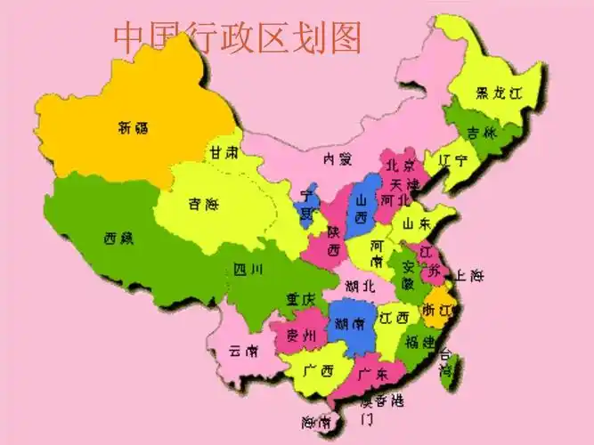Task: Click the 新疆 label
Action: [x=134, y=128]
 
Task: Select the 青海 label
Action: [x=203, y=205]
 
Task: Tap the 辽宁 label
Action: [x=453, y=161]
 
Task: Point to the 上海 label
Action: [x=469, y=275]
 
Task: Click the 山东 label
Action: [x=416, y=223]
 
